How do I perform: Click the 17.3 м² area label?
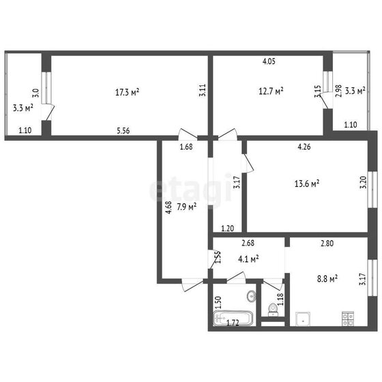coord(127,92)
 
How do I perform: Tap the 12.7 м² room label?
coord(271,91)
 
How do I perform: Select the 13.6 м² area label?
coord(307,183)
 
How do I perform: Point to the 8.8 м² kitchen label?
coord(327,278)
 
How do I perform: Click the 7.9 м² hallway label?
coord(187,207)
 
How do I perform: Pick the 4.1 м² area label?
coord(248,259)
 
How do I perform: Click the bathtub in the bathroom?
coord(233,318)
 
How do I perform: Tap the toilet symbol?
coord(273,310)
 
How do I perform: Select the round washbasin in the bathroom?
coord(251,296)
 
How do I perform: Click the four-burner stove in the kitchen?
coord(348,319)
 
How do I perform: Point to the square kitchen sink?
coord(303,319)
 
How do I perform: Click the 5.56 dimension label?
coord(123,131)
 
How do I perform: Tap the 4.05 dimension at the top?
coord(269,61)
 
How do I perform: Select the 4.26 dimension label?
coord(304,147)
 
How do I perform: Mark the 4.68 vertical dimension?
coord(168,207)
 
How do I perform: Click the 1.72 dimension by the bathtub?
coord(233,323)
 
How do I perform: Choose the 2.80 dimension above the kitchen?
coord(327,243)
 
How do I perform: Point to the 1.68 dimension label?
coord(186,147)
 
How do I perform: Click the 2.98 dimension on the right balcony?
coord(338,91)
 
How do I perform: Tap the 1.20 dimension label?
coord(228,229)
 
